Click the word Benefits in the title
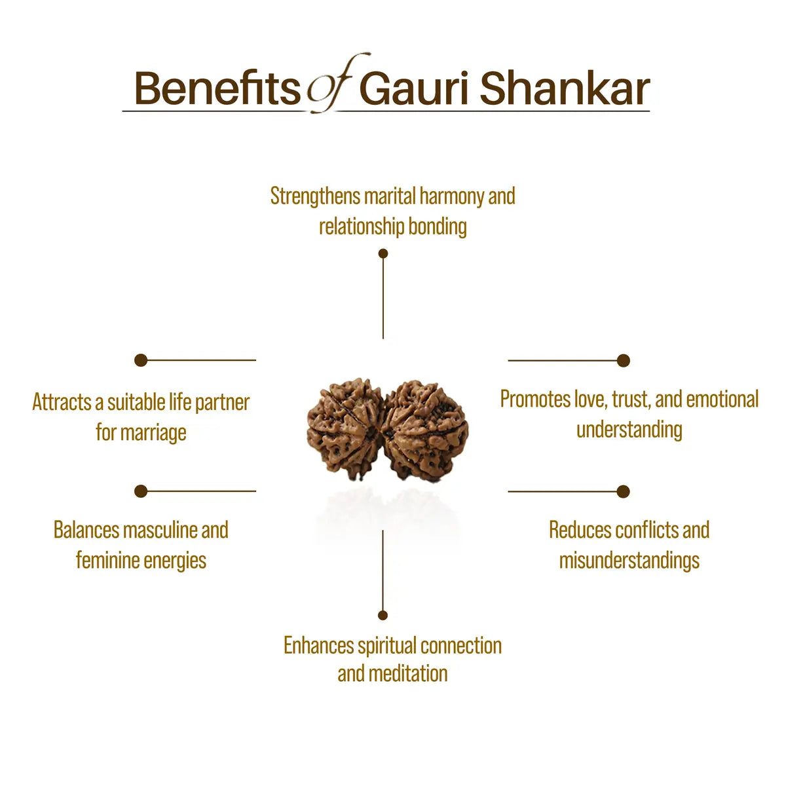click(x=217, y=88)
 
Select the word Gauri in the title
click(x=413, y=88)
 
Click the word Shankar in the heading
click(x=565, y=88)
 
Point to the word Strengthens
click(x=315, y=196)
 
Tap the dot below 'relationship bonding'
click(x=383, y=253)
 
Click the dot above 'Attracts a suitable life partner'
click(x=141, y=360)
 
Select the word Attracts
click(x=62, y=402)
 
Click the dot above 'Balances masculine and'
click(x=141, y=491)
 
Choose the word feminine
click(x=107, y=561)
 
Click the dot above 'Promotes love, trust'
click(x=624, y=360)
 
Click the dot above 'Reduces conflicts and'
click(x=624, y=491)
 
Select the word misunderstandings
click(x=629, y=561)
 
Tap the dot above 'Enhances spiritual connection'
click(x=383, y=615)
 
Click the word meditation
click(x=408, y=673)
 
